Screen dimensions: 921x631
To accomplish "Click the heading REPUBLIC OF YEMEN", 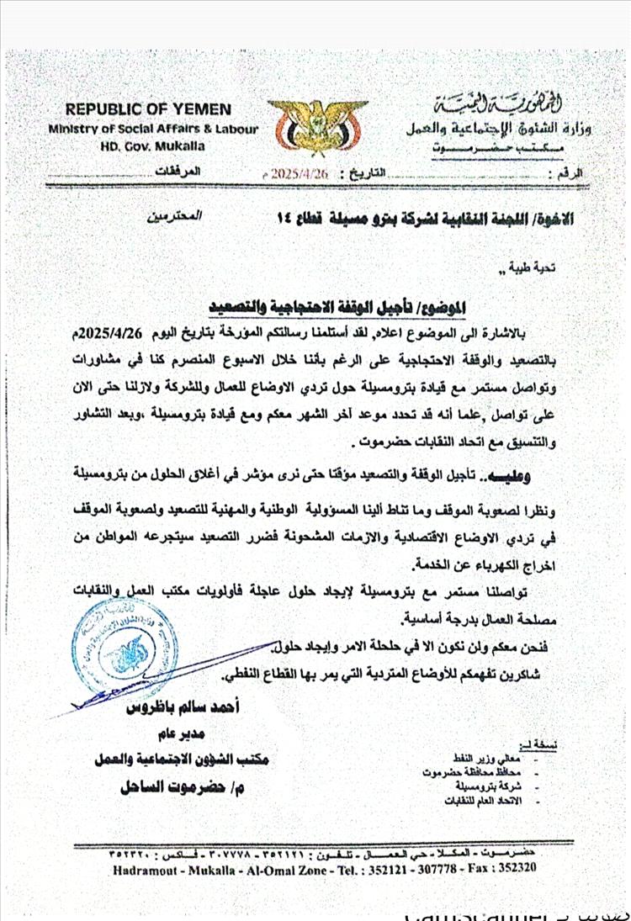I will coord(148,110).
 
